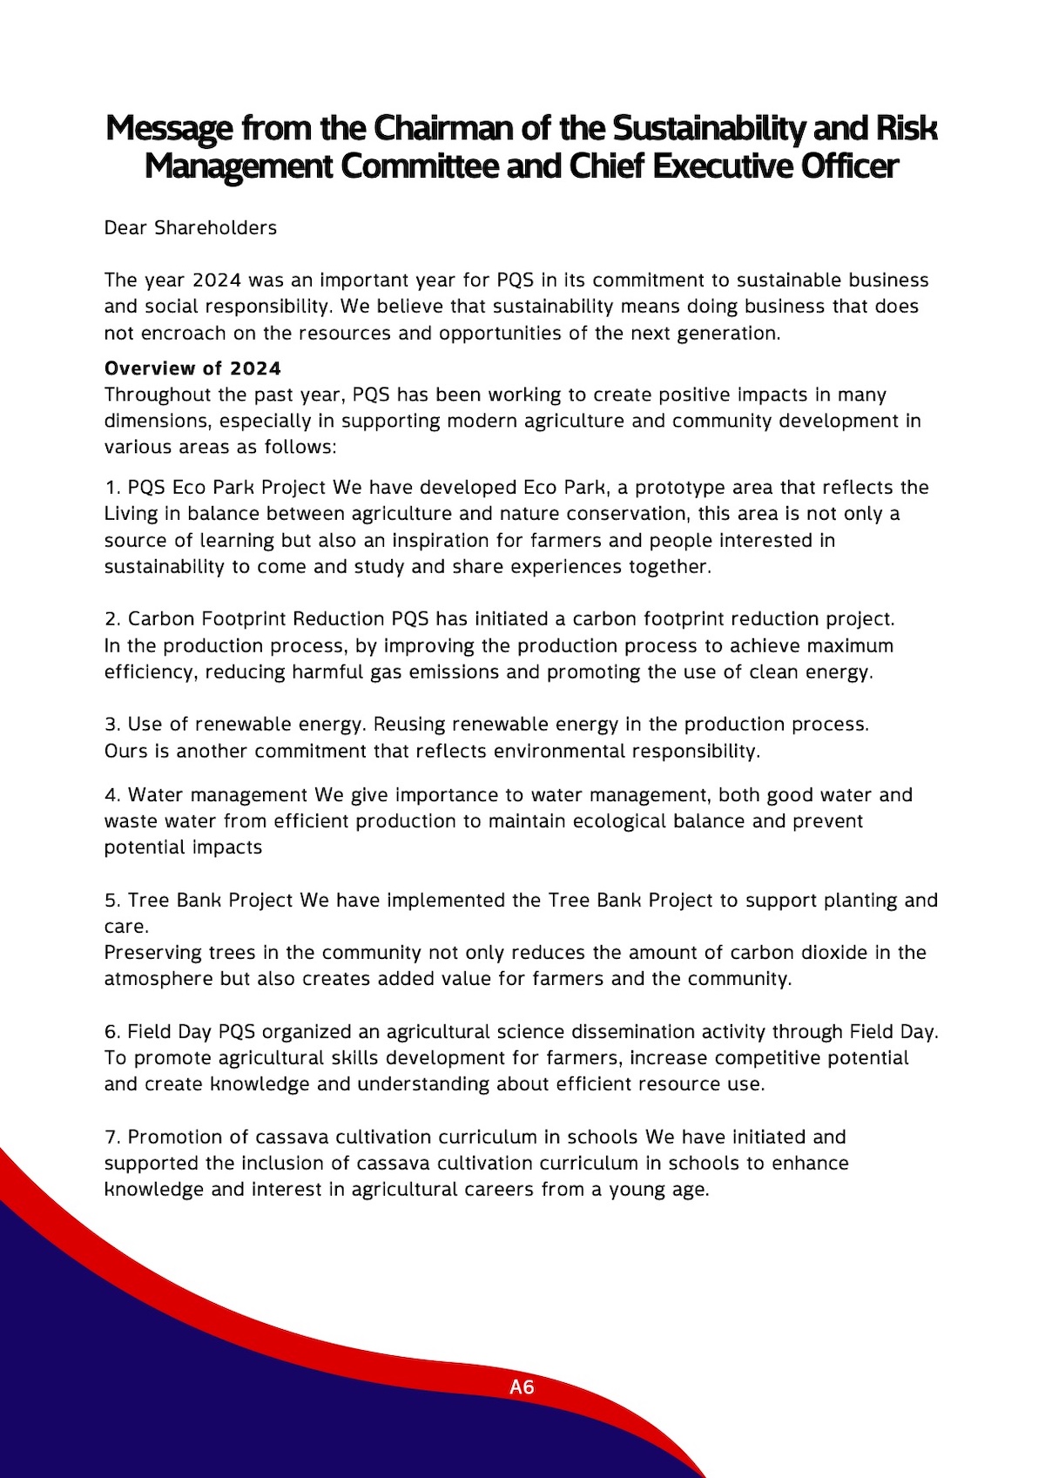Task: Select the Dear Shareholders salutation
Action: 191,228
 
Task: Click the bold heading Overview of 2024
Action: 192,368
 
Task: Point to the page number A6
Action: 522,1387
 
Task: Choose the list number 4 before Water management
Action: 111,795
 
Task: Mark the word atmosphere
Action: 158,979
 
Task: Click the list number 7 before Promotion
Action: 111,1137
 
